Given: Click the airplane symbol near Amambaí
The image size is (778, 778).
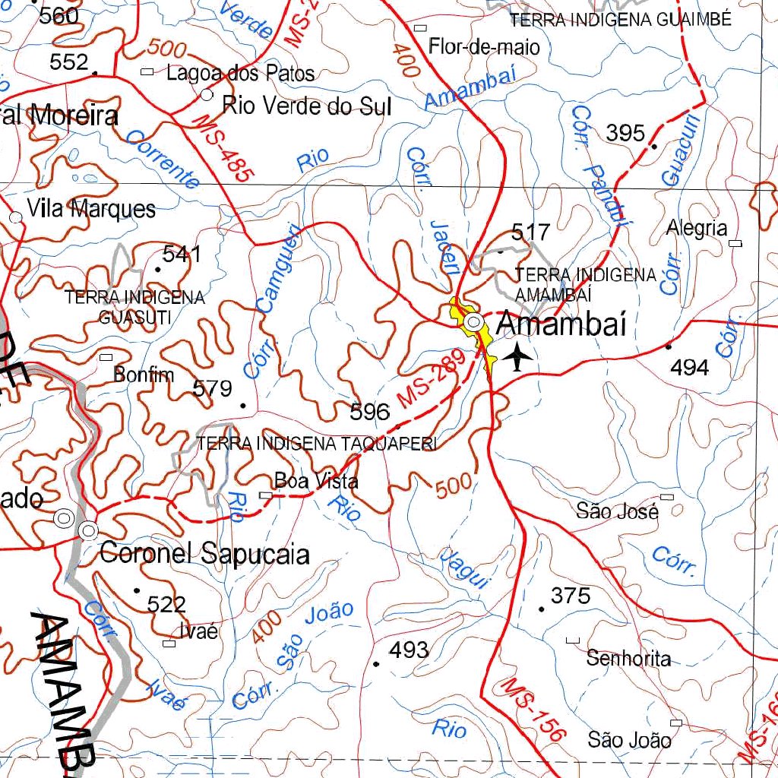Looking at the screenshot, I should (518, 356).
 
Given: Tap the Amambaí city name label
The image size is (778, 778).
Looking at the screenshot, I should (561, 324).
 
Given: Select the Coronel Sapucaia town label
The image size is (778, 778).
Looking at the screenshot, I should (204, 554).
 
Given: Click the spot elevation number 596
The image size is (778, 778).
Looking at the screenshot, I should (370, 413).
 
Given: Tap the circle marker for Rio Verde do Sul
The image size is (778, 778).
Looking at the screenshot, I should (207, 95).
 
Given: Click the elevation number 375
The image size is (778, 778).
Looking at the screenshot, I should (571, 596).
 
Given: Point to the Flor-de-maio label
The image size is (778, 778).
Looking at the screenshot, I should (485, 47).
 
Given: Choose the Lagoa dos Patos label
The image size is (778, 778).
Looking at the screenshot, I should (240, 74).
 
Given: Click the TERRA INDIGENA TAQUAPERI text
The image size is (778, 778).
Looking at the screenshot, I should (316, 444).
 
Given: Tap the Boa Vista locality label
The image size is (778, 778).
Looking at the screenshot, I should (316, 481).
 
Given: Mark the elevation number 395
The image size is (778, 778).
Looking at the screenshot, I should (626, 133).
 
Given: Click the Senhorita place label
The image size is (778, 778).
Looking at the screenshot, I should (628, 659).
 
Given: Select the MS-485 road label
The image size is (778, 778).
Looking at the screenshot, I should (223, 147).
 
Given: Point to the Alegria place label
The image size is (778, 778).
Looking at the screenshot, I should (697, 228).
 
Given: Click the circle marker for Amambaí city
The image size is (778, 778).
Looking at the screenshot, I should (474, 323).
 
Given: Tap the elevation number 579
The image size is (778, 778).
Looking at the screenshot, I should (212, 389).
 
